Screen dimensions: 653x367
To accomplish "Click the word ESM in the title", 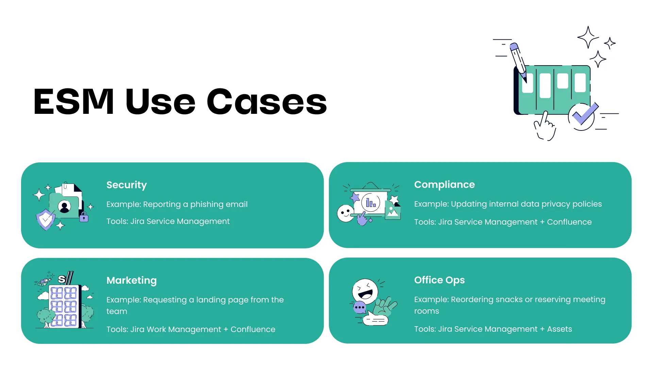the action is coord(73,101).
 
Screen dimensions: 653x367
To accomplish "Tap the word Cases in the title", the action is coord(267,102).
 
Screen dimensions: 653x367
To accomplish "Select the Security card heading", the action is coord(127,185).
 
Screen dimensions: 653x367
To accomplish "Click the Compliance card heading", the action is coord(445,185).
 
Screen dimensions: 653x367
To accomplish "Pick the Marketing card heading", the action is coord(132,281).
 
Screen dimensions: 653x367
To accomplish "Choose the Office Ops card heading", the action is coord(439,280).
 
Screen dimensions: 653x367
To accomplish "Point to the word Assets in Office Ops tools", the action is coord(559,329).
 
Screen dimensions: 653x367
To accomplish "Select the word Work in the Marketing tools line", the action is coord(156,329).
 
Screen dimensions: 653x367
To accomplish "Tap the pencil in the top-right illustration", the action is coord(518,62).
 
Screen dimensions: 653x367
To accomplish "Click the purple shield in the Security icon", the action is coord(46,220).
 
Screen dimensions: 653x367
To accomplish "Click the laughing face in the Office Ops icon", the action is coord(365,291).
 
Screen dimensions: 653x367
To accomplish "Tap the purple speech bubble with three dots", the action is coord(359,308).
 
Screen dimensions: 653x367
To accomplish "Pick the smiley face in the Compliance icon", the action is coord(346,213).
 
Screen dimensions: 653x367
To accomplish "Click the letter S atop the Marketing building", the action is coord(62,279).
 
